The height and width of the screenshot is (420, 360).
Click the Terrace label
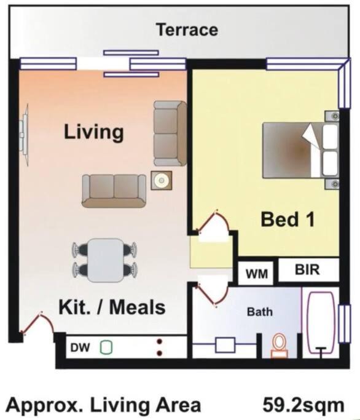pos(187,30)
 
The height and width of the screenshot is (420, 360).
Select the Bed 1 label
pos(288,220)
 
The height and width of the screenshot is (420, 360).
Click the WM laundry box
pos(256,273)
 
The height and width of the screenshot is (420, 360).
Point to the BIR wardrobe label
pos(307,269)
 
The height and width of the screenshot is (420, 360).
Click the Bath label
pos(260,312)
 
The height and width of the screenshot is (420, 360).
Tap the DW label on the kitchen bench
pos(80,347)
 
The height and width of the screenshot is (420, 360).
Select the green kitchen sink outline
pos(106,347)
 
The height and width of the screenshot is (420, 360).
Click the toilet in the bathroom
pos(279,346)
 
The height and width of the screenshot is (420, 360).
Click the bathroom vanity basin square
pos(225,345)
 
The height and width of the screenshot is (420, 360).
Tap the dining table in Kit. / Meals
pos(106,260)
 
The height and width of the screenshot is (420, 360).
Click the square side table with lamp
pos(162,181)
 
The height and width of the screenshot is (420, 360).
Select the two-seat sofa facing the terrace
pos(114,191)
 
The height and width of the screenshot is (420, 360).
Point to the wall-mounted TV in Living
pos(24,135)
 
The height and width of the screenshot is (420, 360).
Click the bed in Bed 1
pos(300,150)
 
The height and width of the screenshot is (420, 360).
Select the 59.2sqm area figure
pos(303,405)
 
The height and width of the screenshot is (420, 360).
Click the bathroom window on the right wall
pos(344,324)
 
